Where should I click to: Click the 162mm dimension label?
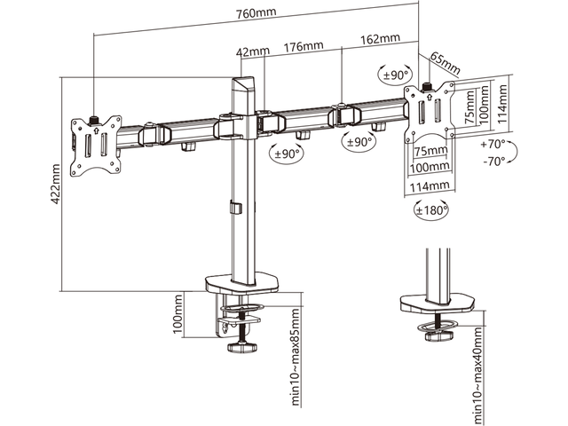[380, 40]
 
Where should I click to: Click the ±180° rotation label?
[431, 210]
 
